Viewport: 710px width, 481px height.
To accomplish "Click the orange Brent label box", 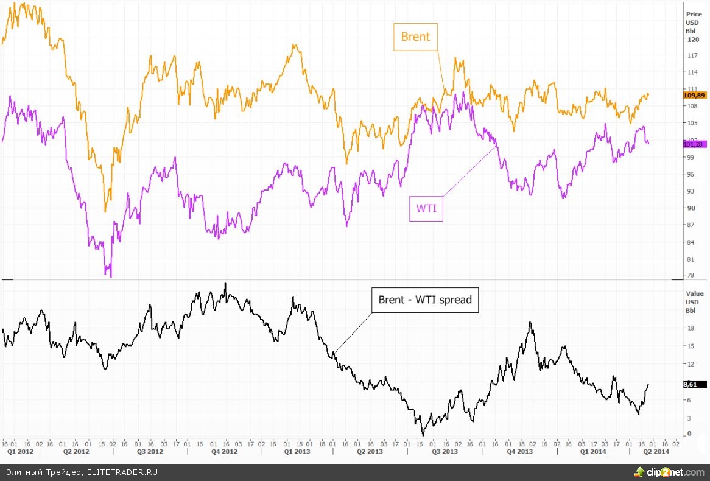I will click(x=415, y=37).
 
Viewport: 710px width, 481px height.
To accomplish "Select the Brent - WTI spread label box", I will click(x=424, y=300).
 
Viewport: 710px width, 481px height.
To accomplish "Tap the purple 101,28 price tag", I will click(x=694, y=144).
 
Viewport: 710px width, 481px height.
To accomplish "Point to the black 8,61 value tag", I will click(x=694, y=384).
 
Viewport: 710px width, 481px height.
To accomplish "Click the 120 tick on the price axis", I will click(x=692, y=39).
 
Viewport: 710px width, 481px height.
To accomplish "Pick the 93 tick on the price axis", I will click(x=691, y=191).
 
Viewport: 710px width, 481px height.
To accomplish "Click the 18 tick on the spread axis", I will click(x=691, y=328).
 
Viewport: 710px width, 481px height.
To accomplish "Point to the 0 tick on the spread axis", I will click(x=689, y=434).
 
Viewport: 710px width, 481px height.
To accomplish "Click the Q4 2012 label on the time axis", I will click(x=225, y=452).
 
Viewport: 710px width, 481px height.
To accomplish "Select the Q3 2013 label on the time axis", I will click(x=445, y=452).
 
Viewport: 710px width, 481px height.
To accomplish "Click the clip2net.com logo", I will click(x=669, y=472).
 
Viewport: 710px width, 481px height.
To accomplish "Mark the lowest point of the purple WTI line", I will click(x=110, y=276).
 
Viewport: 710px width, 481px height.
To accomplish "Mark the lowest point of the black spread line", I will click(x=423, y=435).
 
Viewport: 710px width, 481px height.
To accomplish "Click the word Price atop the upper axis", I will click(x=694, y=13).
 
